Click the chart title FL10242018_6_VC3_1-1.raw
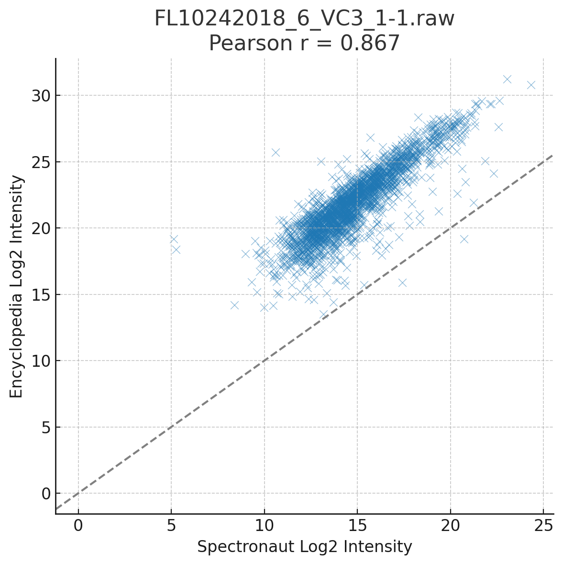[x=304, y=19]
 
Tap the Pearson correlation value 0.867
[x=369, y=44]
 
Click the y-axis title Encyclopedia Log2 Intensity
[x=17, y=286]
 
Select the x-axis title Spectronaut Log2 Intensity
[x=304, y=546]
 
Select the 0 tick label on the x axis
[x=78, y=525]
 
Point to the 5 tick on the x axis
[x=171, y=525]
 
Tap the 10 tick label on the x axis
[x=264, y=525]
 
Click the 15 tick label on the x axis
[x=357, y=525]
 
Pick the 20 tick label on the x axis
[x=450, y=525]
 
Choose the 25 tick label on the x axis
[x=543, y=525]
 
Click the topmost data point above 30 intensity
[x=507, y=79]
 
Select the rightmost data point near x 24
[x=531, y=85]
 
